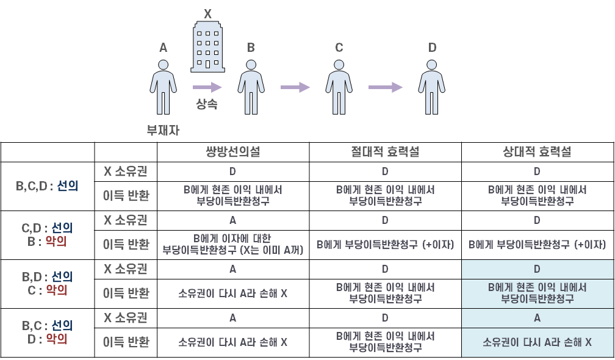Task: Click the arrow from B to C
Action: point(295,88)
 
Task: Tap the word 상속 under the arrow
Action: point(207,104)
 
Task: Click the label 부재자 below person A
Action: point(163,129)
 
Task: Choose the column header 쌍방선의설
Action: point(232,152)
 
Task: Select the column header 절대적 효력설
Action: point(385,152)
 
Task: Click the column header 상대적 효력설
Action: point(538,152)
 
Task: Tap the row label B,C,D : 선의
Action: point(48,186)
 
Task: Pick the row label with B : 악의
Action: point(48,235)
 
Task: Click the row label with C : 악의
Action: point(48,284)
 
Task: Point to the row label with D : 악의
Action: point(48,333)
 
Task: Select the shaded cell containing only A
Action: point(538,318)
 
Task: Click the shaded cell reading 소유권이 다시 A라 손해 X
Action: point(538,342)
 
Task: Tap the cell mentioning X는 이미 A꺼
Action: point(232,244)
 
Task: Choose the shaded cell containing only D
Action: point(538,269)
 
